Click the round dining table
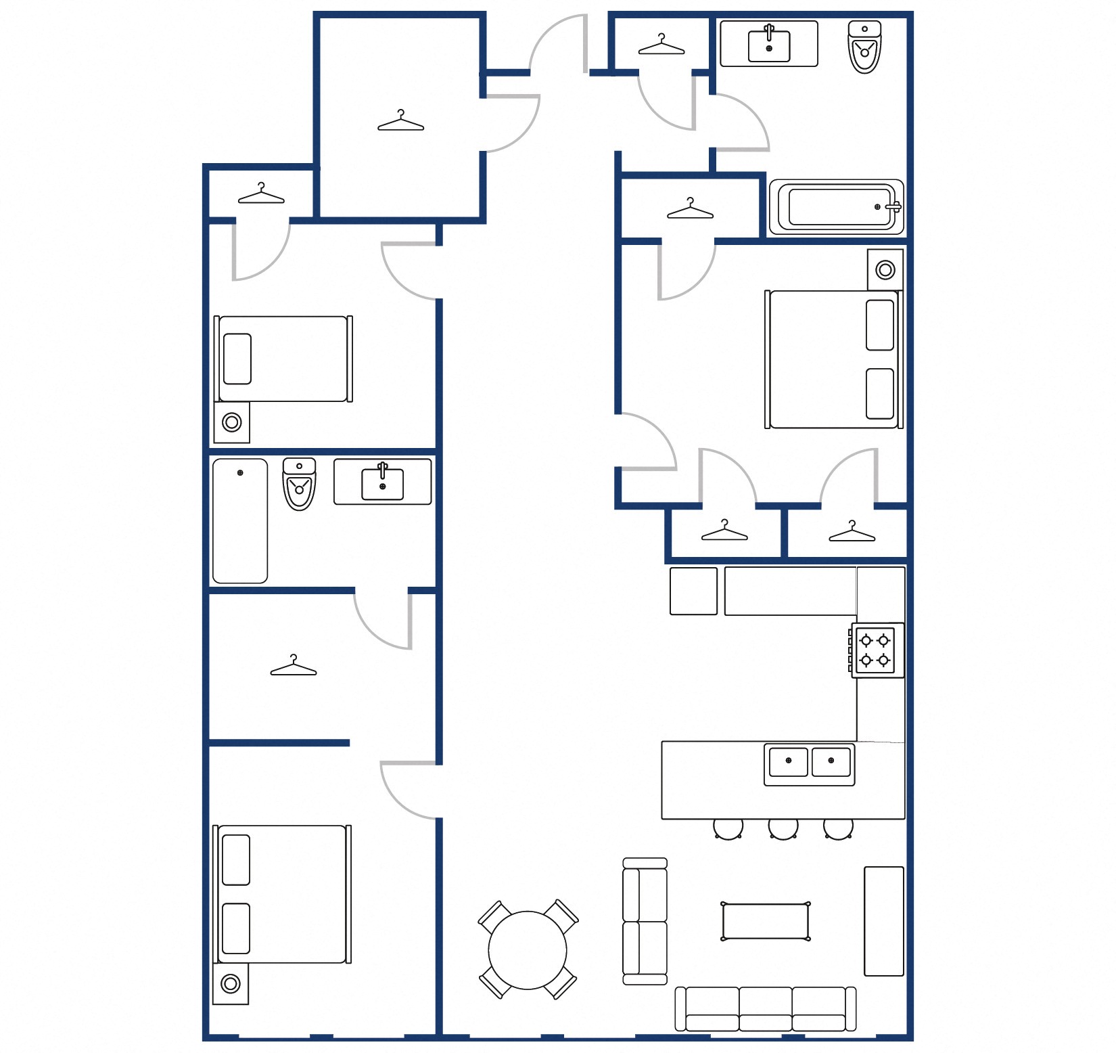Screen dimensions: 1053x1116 pos(527,950)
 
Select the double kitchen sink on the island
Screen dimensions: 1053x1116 pos(809,764)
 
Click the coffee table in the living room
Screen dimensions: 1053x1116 pos(765,922)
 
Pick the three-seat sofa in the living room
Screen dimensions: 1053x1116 pos(765,1008)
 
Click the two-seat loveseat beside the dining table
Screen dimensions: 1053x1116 pos(645,921)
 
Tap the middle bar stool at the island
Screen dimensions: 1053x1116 pos(783,828)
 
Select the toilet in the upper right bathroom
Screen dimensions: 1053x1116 pos(864,47)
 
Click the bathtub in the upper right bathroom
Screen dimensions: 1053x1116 pos(836,207)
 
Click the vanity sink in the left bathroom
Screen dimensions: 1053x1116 pos(382,482)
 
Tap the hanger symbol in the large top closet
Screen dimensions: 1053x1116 pos(400,122)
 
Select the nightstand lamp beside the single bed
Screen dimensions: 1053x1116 pos(232,422)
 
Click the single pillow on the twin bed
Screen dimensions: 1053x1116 pos(237,359)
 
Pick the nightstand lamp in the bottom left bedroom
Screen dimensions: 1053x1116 pos(231,983)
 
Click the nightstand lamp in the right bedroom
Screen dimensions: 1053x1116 pos(885,269)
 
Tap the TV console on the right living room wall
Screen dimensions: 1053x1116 pos(883,921)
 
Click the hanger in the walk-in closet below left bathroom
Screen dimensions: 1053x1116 pos(293,667)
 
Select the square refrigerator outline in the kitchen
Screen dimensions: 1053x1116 pos(693,591)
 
